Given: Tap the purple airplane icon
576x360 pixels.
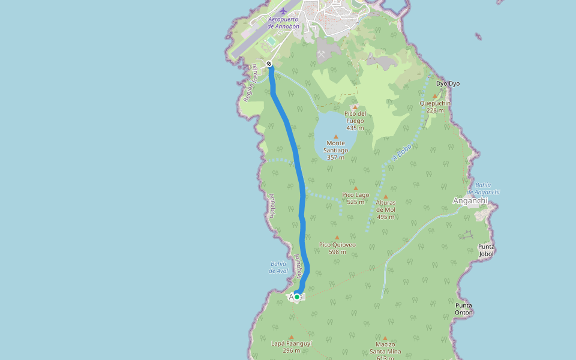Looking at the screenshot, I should (x=283, y=11).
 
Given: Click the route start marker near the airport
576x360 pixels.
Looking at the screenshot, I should (x=269, y=64).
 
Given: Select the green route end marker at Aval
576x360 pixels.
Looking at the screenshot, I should (x=296, y=297).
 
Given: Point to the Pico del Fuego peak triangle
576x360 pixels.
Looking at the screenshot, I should (x=355, y=107).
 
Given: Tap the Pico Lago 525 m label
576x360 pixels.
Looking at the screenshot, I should (x=355, y=198).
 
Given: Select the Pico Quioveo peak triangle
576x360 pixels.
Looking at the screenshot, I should (x=337, y=238).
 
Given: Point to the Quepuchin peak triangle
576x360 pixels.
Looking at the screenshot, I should (x=435, y=96).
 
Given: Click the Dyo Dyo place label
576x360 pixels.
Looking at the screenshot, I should (x=448, y=83).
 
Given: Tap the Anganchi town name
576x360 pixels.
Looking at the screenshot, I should (x=470, y=200).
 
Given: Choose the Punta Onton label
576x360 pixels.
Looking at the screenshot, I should (x=464, y=309).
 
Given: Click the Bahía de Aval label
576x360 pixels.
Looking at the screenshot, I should (x=278, y=267).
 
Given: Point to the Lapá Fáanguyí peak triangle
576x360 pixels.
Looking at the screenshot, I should (x=292, y=337).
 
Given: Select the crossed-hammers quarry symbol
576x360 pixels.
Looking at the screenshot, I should (x=322, y=53).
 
